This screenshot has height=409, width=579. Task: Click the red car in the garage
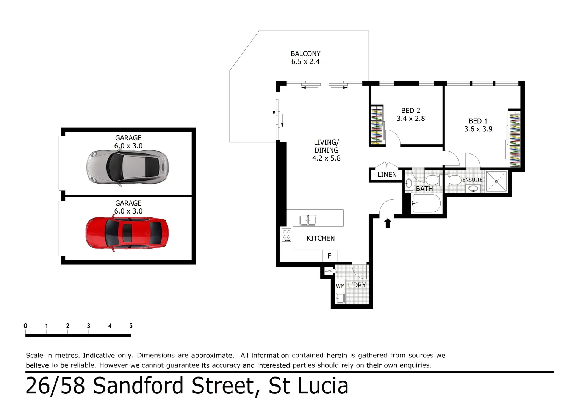pyautogui.click(x=127, y=232)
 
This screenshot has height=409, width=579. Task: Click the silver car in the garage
pyautogui.click(x=127, y=167)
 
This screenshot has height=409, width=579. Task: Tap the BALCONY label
pyautogui.click(x=305, y=54)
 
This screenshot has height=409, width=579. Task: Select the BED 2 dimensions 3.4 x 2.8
pyautogui.click(x=411, y=119)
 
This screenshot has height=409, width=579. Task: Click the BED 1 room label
pyautogui.click(x=478, y=121)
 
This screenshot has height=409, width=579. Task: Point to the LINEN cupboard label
pyautogui.click(x=387, y=175)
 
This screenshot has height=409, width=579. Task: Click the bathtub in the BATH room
pyautogui.click(x=426, y=204)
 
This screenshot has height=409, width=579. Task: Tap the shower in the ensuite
pyautogui.click(x=496, y=181)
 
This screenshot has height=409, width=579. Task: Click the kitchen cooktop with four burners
pyautogui.click(x=286, y=234)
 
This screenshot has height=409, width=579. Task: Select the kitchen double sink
pyautogui.click(x=308, y=220)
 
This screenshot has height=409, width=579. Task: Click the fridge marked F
pyautogui.click(x=329, y=256)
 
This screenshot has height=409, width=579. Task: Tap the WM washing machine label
pyautogui.click(x=340, y=286)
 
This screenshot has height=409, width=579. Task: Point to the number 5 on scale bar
pyautogui.click(x=131, y=326)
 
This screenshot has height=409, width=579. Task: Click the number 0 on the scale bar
pyautogui.click(x=25, y=326)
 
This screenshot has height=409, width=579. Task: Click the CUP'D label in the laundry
pyautogui.click(x=329, y=271)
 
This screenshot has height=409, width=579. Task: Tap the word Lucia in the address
pyautogui.click(x=323, y=386)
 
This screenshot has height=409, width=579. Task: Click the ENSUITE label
pyautogui.click(x=472, y=180)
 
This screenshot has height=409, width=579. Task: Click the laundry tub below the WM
pyautogui.click(x=340, y=298)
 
